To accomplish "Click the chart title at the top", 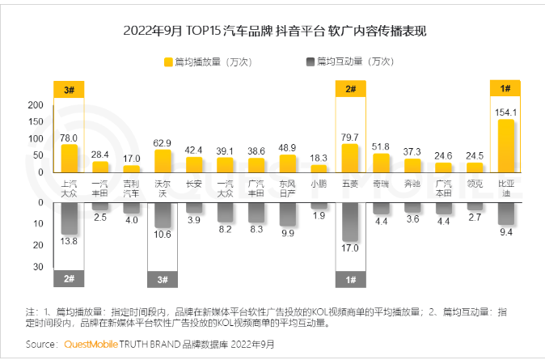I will tap(273, 32).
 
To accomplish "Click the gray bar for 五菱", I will tap(350, 231).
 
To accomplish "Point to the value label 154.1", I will tap(505, 112).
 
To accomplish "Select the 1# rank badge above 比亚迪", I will tap(505, 89).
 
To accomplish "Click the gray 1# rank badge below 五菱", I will tap(350, 279).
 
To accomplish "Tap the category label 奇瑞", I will tap(381, 184).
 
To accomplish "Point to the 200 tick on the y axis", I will tap(35, 105).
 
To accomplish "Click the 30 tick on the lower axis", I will tap(38, 267).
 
